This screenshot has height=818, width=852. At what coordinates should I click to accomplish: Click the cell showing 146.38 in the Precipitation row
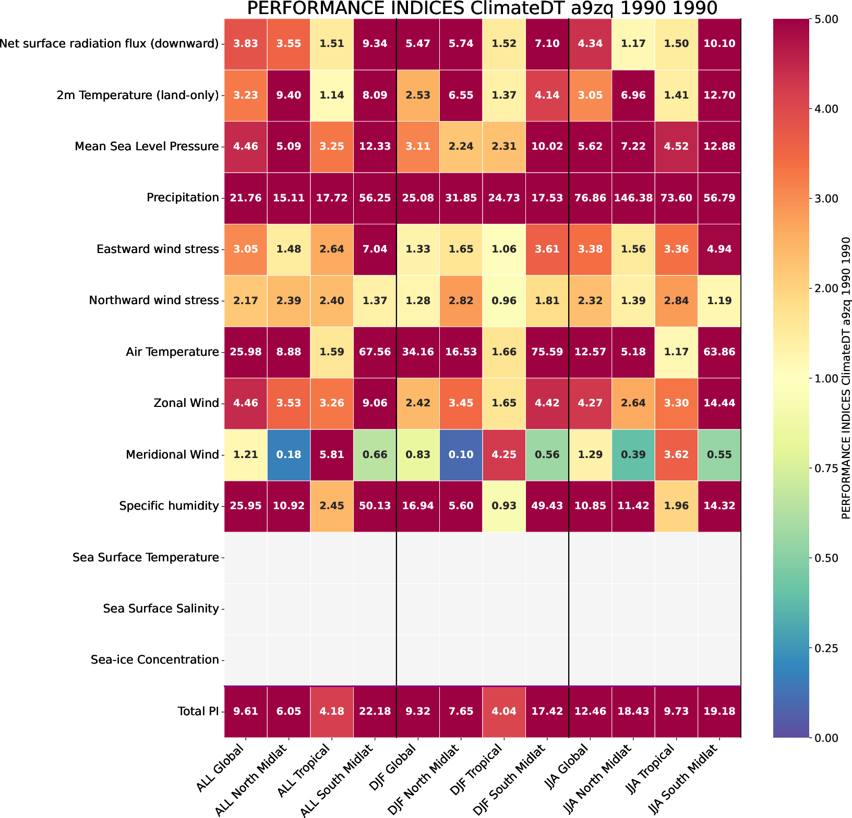pyautogui.click(x=633, y=198)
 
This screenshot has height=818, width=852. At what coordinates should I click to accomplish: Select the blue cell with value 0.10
pyautogui.click(x=461, y=454)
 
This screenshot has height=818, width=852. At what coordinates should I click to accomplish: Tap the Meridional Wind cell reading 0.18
pyautogui.click(x=289, y=454)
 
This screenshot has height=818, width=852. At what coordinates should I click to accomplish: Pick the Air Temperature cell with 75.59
pyautogui.click(x=547, y=352)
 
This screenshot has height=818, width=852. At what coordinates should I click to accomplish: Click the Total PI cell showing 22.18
pyautogui.click(x=375, y=711)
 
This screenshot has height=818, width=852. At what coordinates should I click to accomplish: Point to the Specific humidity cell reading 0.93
pyautogui.click(x=504, y=506)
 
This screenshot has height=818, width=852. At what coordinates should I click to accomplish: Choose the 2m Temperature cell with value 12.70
pyautogui.click(x=719, y=95)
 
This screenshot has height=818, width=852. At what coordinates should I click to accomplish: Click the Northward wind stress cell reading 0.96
pyautogui.click(x=504, y=300)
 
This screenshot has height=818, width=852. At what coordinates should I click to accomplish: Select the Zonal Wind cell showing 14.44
pyautogui.click(x=719, y=403)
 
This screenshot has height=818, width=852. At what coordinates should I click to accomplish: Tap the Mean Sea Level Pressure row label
pyautogui.click(x=147, y=146)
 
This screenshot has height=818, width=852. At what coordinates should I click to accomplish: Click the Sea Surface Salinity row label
pyautogui.click(x=161, y=608)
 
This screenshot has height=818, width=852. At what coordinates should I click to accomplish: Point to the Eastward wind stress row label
pyautogui.click(x=158, y=249)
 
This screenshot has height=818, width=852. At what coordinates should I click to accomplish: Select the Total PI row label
pyautogui.click(x=198, y=711)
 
